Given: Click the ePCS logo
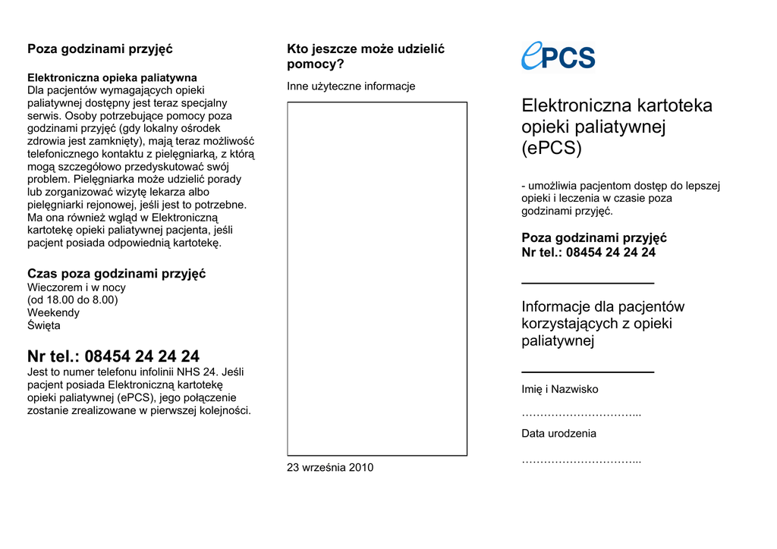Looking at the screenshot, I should click(x=558, y=55).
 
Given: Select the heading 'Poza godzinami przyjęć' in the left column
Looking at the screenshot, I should click(x=100, y=49).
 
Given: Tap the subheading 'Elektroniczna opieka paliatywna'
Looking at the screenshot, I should click(x=112, y=77).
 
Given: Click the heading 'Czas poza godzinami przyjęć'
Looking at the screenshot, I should click(x=116, y=274).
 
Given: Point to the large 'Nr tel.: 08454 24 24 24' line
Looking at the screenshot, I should click(x=113, y=356).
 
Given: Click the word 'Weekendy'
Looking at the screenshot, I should click(x=53, y=312).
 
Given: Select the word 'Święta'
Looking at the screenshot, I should click(x=44, y=325).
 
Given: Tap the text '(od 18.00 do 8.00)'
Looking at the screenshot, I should click(x=73, y=300).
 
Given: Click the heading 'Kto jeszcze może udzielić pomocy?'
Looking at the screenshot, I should click(x=365, y=56).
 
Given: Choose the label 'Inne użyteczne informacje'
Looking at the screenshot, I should click(x=351, y=86).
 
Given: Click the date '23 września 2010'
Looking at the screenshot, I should click(x=330, y=468).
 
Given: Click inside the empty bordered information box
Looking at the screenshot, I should click(x=377, y=278).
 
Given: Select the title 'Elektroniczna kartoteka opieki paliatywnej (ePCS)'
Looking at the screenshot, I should click(x=616, y=127).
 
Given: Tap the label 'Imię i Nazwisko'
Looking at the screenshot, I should click(x=559, y=390).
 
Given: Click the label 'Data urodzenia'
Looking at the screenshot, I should click(x=558, y=434).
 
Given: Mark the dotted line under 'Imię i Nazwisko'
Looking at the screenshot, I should click(x=580, y=414).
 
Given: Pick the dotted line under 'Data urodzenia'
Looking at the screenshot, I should click(x=580, y=460).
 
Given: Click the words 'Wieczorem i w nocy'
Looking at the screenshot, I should click(x=77, y=287).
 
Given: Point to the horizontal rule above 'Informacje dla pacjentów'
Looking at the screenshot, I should click(x=587, y=283).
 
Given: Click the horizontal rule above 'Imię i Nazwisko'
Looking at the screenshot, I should click(x=587, y=372).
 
